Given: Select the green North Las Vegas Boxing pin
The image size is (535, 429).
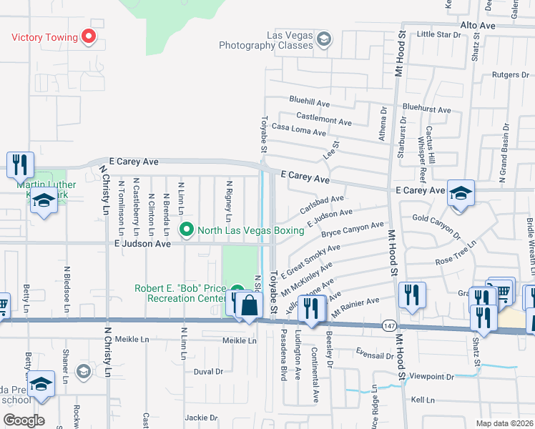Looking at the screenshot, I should click(x=187, y=230).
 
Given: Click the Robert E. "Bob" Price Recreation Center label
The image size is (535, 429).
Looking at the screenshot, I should click(x=180, y=293).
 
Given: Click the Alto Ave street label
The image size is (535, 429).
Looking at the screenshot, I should click(x=478, y=25).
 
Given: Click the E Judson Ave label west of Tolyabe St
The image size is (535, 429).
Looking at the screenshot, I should click(x=143, y=244).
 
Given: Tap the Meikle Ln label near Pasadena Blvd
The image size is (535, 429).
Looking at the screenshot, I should click(x=239, y=340).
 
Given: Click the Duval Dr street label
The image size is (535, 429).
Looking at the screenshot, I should click(x=209, y=372).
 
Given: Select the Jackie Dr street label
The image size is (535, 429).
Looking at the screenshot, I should click(x=201, y=417).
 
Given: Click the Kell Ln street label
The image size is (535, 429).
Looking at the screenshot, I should click(x=423, y=400).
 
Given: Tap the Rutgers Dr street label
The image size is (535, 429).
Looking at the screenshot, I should click(x=511, y=74).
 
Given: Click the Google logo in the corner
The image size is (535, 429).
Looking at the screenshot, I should click(x=23, y=420).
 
